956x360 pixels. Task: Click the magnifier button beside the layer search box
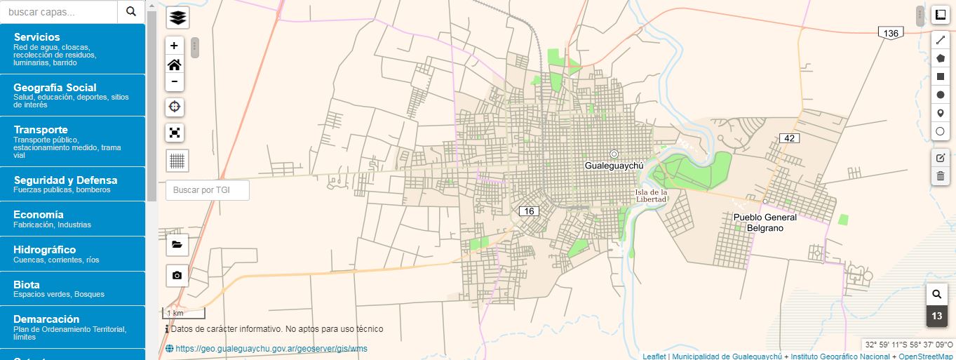click(x=131, y=11)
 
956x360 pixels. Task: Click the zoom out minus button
click(x=175, y=82)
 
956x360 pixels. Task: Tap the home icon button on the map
click(x=175, y=65)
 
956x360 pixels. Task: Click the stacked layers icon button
click(x=177, y=18)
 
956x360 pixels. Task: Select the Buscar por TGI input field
click(x=208, y=190)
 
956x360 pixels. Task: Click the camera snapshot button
click(x=177, y=276)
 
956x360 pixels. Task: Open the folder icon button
click(x=177, y=245)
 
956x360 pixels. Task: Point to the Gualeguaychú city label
click(x=614, y=166)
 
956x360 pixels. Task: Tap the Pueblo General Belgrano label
click(x=765, y=222)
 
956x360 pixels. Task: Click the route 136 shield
click(x=891, y=34)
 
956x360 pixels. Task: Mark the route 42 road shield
click(x=790, y=138)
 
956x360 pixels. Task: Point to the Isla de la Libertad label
click(x=651, y=196)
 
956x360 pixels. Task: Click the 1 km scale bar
click(x=184, y=313)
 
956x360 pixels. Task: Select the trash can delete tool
click(x=940, y=176)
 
